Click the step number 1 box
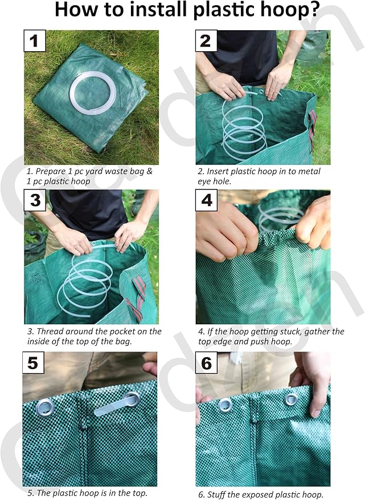click(34, 41)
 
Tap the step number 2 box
click(206, 41)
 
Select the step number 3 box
click(35, 201)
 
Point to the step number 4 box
click(206, 201)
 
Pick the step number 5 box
click(34, 363)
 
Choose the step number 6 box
click(206, 363)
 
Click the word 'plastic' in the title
click(212, 11)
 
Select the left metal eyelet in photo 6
click(225, 405)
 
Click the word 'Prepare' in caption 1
click(51, 171)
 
